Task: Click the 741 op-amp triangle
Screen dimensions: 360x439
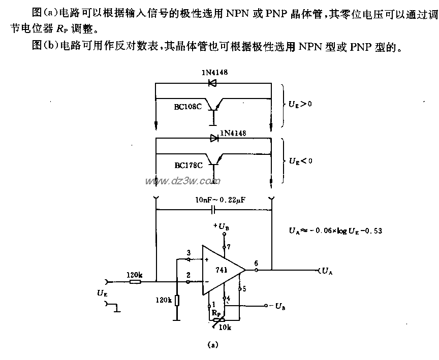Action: [221, 270]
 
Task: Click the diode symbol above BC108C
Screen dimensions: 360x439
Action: [212, 83]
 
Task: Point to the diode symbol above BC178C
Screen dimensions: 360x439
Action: [213, 138]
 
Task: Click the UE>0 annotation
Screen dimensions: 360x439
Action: [300, 104]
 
